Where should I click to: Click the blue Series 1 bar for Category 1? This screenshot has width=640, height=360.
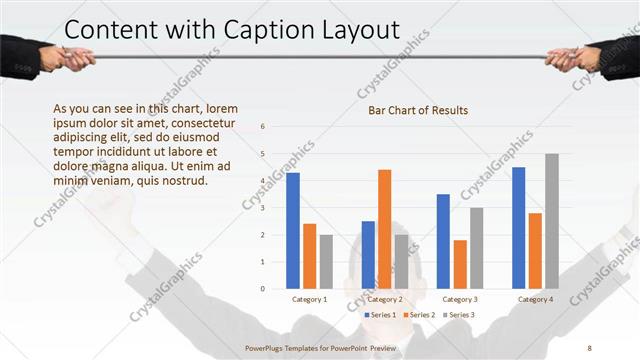(x=293, y=230)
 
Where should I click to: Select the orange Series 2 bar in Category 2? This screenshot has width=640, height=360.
(x=384, y=229)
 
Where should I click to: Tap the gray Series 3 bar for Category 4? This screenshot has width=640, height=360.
(x=551, y=221)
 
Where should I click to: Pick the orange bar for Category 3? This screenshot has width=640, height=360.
(x=460, y=264)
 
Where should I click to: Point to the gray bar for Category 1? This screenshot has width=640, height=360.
(x=326, y=261)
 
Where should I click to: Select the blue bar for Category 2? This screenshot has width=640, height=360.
(x=368, y=254)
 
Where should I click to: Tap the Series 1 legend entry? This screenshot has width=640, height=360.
(x=381, y=315)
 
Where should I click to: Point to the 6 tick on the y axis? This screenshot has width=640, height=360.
(x=262, y=127)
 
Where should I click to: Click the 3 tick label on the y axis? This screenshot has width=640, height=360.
(x=262, y=208)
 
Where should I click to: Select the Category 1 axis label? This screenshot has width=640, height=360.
(x=309, y=299)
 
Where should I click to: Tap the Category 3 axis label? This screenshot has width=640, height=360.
(x=460, y=299)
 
